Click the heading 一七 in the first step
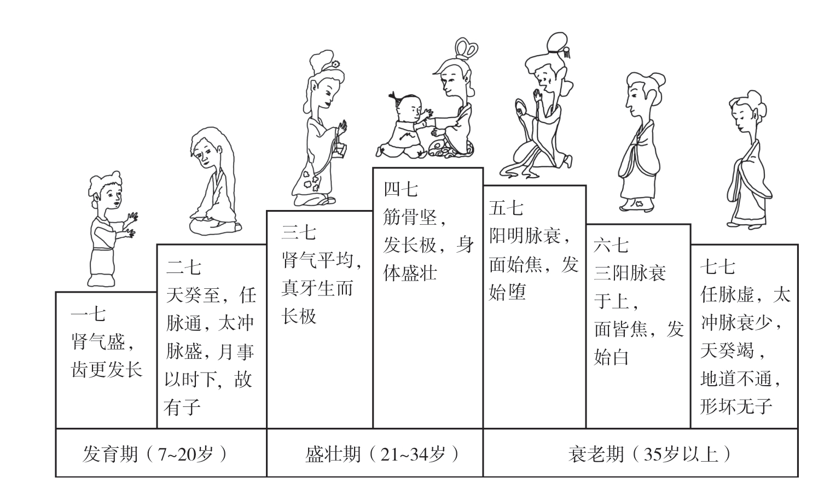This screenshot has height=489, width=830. click(x=88, y=315)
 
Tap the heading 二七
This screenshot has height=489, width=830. click(x=184, y=267)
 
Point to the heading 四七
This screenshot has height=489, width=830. click(x=401, y=190)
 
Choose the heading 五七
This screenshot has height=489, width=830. click(x=506, y=208)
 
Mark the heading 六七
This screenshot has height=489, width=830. click(x=611, y=246)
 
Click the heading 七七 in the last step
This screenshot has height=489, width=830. click(x=718, y=267)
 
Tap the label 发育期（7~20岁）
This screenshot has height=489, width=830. click(x=155, y=454)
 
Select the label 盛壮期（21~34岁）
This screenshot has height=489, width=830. click(x=382, y=454)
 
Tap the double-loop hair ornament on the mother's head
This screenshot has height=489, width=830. click(x=466, y=48)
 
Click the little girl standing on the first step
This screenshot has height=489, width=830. click(x=111, y=229)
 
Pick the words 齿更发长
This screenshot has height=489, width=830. click(x=107, y=369)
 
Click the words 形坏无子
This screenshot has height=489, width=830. click(x=736, y=406)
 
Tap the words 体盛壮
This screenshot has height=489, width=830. click(x=410, y=273)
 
